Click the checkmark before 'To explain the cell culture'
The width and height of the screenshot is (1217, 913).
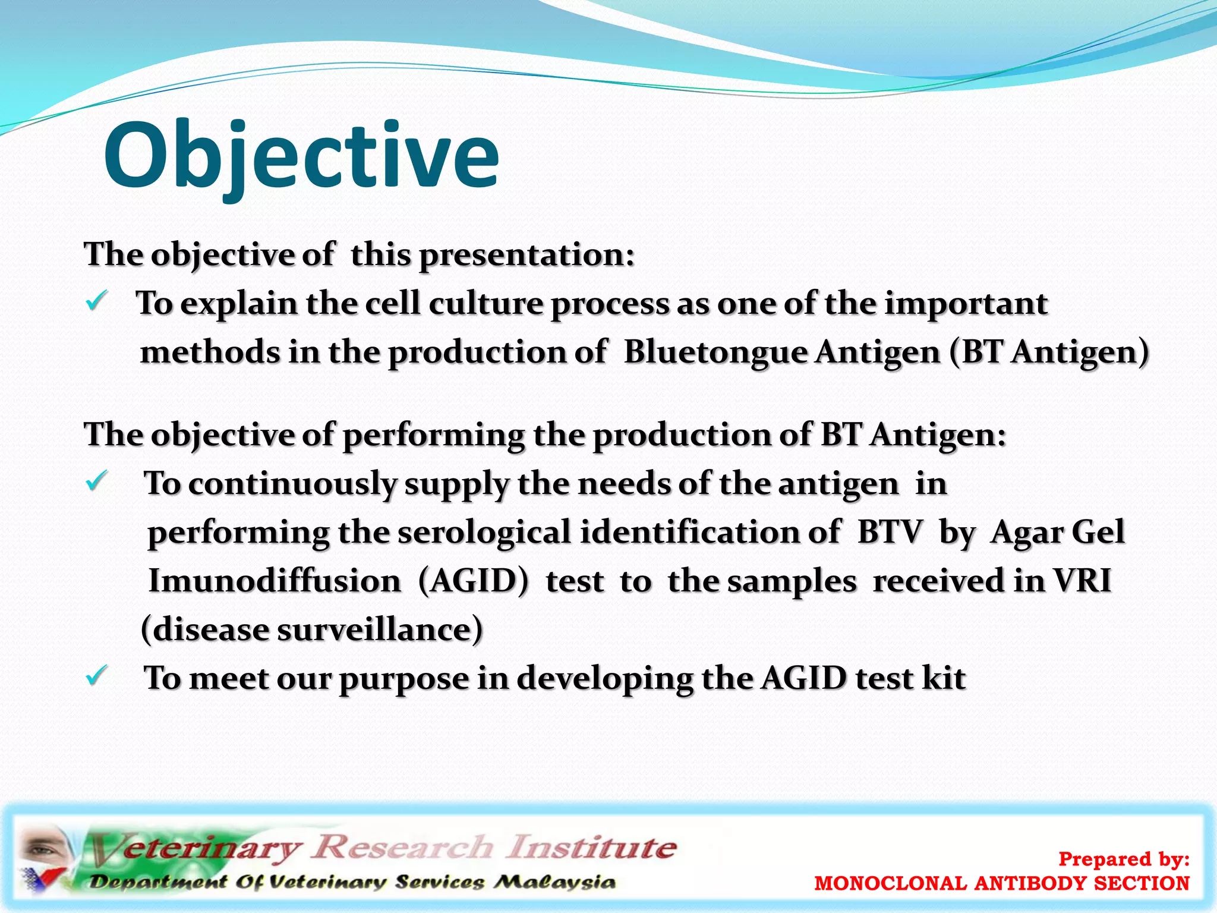[96, 301]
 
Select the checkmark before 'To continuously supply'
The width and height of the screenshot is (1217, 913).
[96, 481]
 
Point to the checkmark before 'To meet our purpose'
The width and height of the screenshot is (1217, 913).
[96, 676]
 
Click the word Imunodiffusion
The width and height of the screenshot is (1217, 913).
[275, 581]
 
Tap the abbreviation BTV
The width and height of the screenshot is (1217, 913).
[890, 532]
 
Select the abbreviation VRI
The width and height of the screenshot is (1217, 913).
[1082, 581]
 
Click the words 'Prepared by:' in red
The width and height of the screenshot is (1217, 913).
[1124, 859]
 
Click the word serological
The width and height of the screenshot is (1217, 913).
[484, 532]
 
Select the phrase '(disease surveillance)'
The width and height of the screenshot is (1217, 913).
[312, 629]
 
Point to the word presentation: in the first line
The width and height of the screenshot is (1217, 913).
[526, 255]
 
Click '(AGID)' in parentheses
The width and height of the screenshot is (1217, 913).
[473, 581]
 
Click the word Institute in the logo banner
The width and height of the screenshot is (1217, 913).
[591, 847]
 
